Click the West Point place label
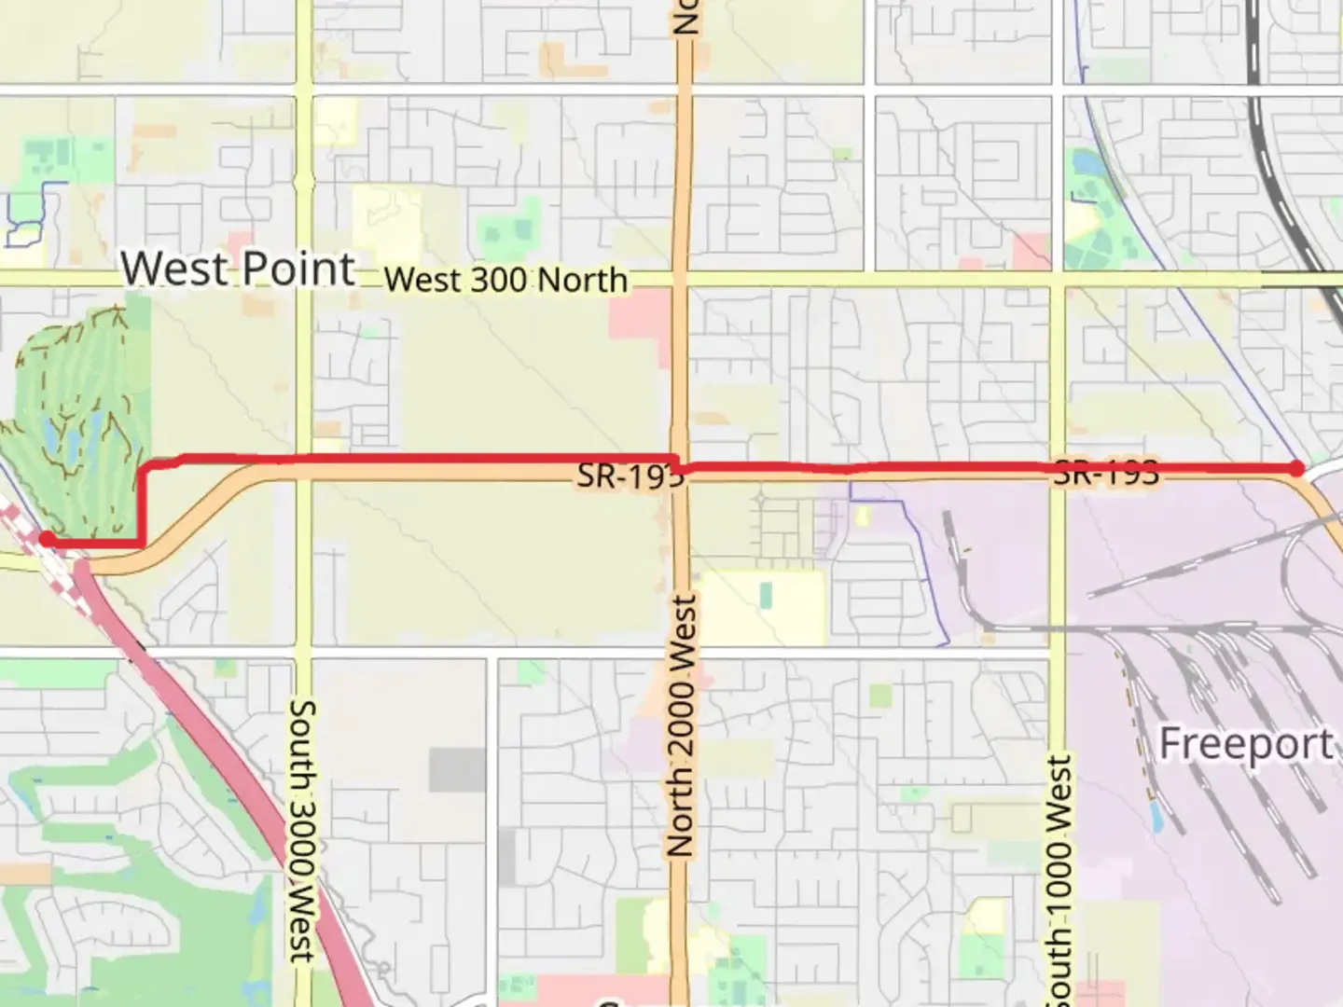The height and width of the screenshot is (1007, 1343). (x=238, y=269)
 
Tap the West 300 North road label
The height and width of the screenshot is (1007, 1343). (x=505, y=279)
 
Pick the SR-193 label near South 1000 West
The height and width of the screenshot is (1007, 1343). (x=1106, y=473)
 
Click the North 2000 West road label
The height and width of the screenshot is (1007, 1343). (x=682, y=725)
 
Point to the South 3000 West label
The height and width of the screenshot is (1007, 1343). (x=302, y=830)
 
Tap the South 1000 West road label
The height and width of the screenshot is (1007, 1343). (x=1059, y=876)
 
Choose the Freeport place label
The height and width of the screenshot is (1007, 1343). (x=1246, y=744)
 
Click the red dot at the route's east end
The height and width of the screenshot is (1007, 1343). (x=1296, y=468)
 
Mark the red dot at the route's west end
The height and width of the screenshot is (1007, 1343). (x=46, y=539)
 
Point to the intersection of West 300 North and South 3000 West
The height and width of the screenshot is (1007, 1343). (x=303, y=280)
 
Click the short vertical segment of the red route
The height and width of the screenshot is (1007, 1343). (x=141, y=504)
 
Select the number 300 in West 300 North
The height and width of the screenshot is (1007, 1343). (x=506, y=279)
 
